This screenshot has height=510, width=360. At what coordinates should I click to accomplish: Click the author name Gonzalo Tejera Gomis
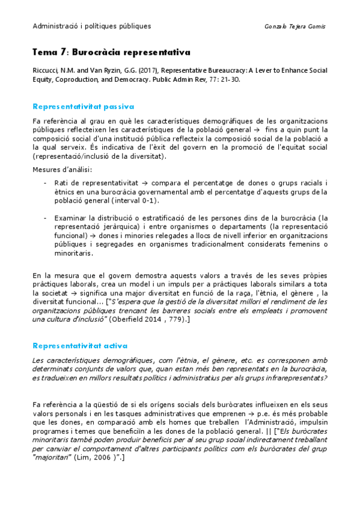295,26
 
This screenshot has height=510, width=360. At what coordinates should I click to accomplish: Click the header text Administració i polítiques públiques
92,26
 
